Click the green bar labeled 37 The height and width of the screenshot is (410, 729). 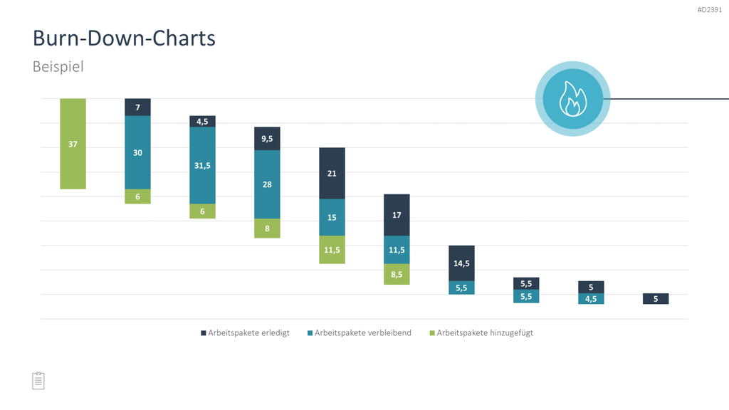point(73,144)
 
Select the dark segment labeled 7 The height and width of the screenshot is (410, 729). point(137,107)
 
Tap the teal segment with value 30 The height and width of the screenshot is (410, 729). point(137,152)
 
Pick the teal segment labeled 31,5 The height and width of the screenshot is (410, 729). point(202,165)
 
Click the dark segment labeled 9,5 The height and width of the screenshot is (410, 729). point(267,139)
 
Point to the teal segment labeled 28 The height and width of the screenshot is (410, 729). point(267,184)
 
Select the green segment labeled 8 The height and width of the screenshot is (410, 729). point(267,228)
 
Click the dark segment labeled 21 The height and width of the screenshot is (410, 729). point(332,174)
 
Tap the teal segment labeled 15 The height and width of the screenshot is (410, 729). point(332,217)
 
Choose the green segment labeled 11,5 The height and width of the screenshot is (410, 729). point(332,250)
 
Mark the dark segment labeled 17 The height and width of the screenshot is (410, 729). point(397,215)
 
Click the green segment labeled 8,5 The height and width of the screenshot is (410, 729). point(397,274)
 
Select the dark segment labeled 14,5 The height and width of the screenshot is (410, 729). point(461,263)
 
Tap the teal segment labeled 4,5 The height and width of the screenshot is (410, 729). point(591,299)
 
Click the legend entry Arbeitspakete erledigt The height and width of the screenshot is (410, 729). point(245,333)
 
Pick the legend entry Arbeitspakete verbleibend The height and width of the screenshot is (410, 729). point(360,333)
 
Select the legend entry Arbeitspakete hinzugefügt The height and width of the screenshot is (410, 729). point(481,333)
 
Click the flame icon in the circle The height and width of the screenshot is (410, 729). point(573,98)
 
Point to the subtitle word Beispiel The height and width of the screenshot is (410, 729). point(58,66)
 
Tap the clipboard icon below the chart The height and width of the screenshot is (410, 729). point(38,381)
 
